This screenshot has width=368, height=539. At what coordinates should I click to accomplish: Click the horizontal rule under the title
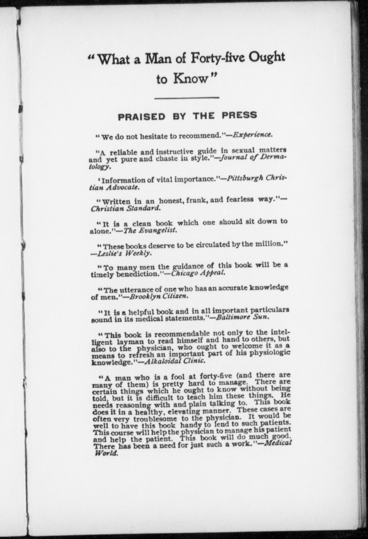(x=187, y=98)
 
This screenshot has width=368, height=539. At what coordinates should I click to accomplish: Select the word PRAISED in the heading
(x=142, y=117)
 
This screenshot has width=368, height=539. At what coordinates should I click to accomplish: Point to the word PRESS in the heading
(x=239, y=115)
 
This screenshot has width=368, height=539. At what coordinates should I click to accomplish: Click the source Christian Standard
(x=126, y=209)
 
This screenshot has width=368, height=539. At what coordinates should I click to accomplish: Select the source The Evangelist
(x=150, y=231)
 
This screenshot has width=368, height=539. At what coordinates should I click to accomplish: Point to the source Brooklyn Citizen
(x=159, y=296)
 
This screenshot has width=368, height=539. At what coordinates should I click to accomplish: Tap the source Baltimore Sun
(x=241, y=317)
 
